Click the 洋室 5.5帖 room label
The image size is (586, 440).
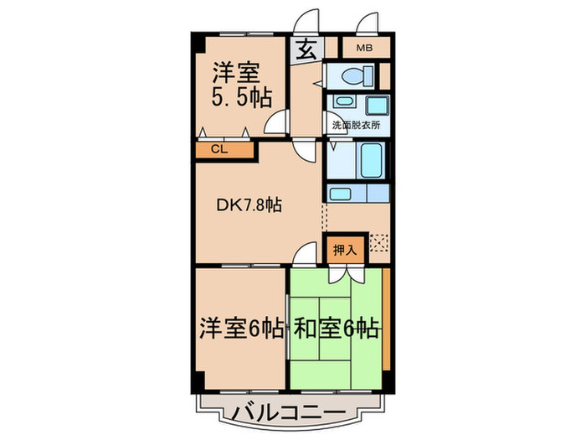click(241, 85)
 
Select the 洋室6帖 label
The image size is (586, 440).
click(240, 329)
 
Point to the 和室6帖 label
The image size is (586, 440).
click(336, 329)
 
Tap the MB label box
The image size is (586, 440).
click(365, 48)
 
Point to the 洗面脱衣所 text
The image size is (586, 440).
click(355, 125)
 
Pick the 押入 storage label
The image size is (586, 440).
click(345, 249)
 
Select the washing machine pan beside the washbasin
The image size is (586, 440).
click(376, 106)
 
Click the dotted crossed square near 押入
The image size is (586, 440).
click(378, 243)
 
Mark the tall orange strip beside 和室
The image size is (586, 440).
click(386, 318)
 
